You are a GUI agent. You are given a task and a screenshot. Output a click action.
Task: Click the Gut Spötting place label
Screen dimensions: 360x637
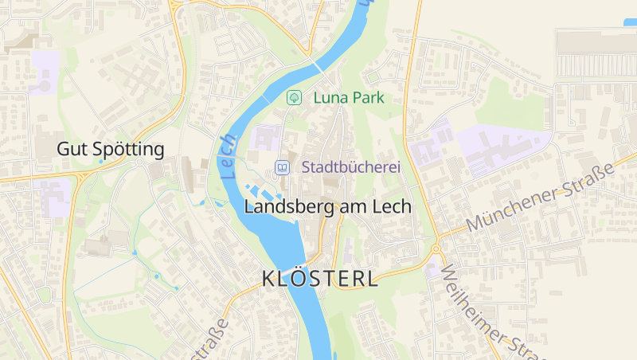pyautogui.click(x=110, y=149)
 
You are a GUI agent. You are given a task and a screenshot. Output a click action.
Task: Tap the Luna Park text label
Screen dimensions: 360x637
pyautogui.click(x=349, y=98)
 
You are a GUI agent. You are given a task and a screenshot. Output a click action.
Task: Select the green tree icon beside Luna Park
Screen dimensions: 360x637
pyautogui.click(x=294, y=98)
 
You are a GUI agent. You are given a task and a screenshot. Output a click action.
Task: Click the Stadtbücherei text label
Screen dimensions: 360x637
pyautogui.click(x=350, y=167)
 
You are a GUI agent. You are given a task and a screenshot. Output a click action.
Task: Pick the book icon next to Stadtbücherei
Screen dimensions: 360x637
pyautogui.click(x=282, y=167)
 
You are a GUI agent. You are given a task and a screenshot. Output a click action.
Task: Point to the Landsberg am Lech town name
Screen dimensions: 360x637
pyautogui.click(x=327, y=206)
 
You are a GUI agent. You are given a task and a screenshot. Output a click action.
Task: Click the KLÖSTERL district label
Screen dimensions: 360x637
pyautogui.click(x=320, y=280)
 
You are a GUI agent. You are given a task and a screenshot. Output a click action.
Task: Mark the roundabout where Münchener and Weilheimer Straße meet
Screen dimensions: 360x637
pyautogui.click(x=436, y=249)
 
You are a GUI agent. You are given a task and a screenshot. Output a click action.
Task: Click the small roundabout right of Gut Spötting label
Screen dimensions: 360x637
pyautogui.click(x=140, y=162)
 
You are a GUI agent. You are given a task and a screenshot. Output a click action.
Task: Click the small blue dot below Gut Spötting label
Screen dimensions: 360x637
pyautogui.click(x=100, y=161)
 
